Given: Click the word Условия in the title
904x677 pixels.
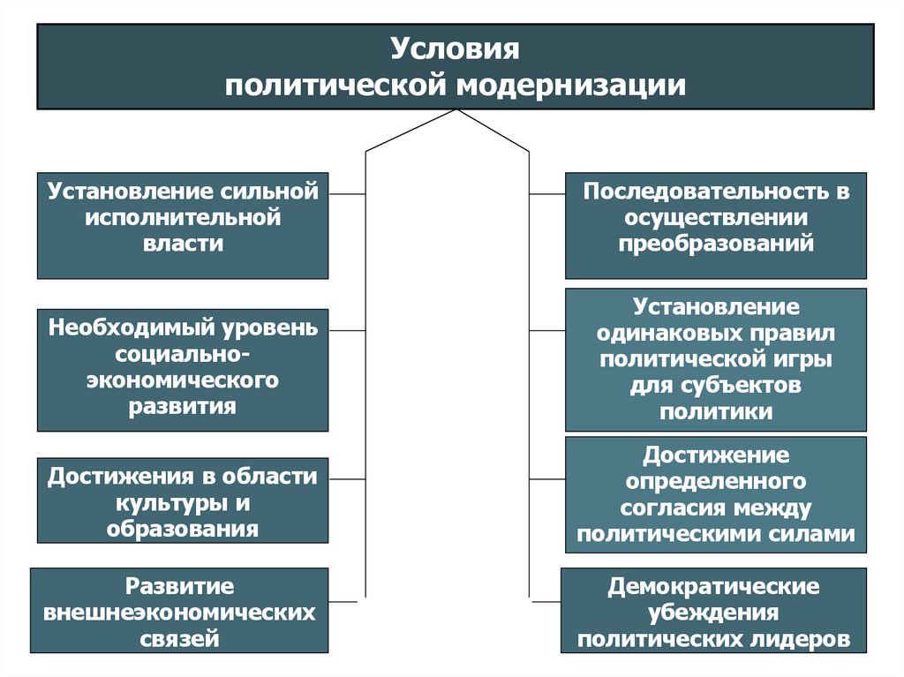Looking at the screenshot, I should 455,48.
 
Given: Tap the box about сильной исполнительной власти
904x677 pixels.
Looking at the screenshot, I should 183,226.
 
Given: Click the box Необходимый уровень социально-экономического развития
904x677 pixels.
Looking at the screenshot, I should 183,369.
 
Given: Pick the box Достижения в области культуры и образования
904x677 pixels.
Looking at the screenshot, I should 183,500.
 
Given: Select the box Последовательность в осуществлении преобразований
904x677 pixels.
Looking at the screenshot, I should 715,226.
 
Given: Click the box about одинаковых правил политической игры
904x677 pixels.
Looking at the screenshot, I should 715,359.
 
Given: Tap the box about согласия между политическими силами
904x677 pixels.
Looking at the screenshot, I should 715,494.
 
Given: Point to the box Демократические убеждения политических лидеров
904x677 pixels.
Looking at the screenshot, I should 713,611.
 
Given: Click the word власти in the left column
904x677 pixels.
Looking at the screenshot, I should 183,244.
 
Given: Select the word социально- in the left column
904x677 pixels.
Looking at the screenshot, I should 183,355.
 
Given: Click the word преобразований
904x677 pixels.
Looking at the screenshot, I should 715,244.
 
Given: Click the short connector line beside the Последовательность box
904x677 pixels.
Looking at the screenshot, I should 546,192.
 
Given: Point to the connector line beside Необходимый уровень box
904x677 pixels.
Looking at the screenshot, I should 347,329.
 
